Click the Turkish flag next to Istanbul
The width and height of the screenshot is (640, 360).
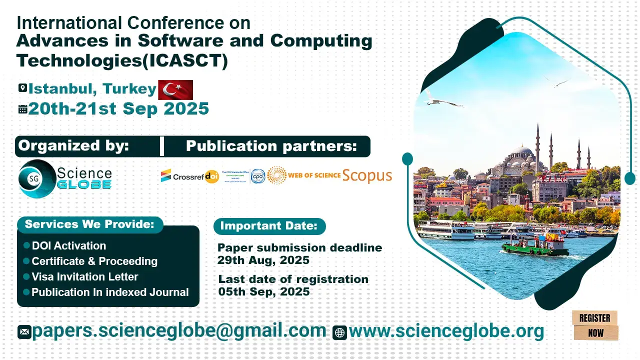pos(175,89)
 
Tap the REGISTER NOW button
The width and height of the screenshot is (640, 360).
pos(595,325)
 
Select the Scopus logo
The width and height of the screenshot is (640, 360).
pos(367,175)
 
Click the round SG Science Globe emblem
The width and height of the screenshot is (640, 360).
pos(35,177)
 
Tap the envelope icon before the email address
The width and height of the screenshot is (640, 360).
pos(24,332)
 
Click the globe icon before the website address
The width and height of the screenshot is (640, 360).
pos(339,332)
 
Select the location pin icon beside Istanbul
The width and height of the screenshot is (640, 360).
pos(22,88)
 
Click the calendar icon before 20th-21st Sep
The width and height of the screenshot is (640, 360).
pos(22,109)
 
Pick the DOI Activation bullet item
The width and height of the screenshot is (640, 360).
pos(68,245)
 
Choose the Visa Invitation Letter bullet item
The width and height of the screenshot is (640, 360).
pos(84,276)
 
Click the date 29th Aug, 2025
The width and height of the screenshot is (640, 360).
pos(263,260)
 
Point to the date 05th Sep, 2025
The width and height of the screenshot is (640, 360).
pos(264,291)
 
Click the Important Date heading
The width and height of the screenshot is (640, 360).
pos(269,226)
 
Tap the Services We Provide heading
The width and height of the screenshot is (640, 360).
pos(89,224)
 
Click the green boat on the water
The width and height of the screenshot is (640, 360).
pos(535,245)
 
